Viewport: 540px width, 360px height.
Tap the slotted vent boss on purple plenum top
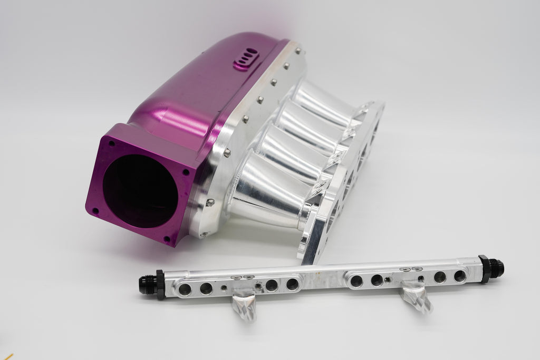coord(246,58)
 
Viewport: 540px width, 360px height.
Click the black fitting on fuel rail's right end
coord(491,268)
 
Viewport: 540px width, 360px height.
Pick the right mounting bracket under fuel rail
coord(417,296)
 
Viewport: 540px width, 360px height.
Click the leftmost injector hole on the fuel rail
coord(185,289)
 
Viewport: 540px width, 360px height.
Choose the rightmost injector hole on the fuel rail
coord(460,276)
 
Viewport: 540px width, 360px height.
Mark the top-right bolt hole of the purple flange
coord(186,172)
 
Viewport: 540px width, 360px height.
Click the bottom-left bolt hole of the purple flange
coord(95,210)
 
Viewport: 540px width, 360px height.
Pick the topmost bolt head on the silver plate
coord(298,51)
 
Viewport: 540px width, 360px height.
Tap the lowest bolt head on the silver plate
coord(210,202)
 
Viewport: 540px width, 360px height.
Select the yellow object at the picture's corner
coord(6,357)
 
